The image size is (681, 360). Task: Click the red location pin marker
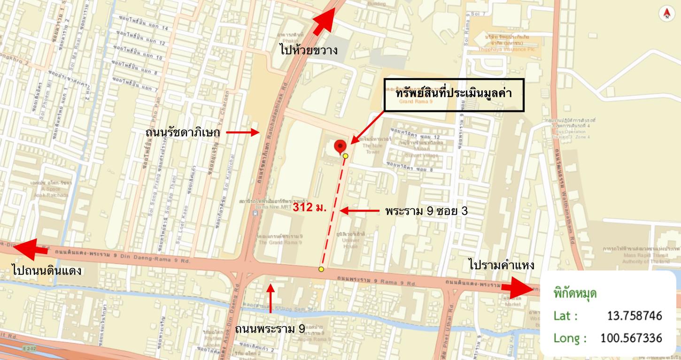pos(340,146)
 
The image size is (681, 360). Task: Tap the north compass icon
pos(666,14)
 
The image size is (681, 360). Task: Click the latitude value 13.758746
pos(635,315)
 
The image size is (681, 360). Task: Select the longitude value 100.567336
pos(631,337)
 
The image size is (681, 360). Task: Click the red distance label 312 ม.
pos(310,207)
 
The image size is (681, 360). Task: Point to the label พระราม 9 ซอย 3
pos(426,211)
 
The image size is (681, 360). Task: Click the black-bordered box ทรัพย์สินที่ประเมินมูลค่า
pos(454,95)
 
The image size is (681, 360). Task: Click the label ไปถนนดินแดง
pos(47,271)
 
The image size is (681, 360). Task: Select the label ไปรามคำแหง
pos(501,265)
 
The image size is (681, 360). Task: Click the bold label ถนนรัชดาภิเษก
pos(183,133)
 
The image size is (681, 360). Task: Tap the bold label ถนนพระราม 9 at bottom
pos(270,329)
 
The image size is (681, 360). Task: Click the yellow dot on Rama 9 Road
pos(321,269)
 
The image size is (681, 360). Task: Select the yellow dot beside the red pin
pos(346,156)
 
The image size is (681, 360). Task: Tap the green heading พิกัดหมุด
pos(575,294)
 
